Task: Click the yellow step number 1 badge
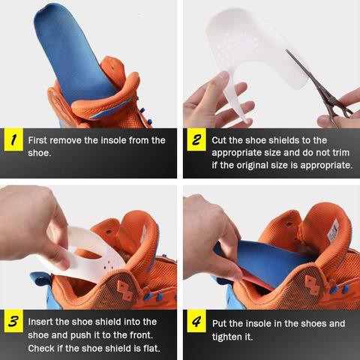13,139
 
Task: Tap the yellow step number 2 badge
196,139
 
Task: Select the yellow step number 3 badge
13,321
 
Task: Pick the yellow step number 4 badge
196,321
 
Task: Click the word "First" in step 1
37,140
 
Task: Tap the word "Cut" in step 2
219,140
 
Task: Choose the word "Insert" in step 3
40,322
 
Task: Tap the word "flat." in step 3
151,348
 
